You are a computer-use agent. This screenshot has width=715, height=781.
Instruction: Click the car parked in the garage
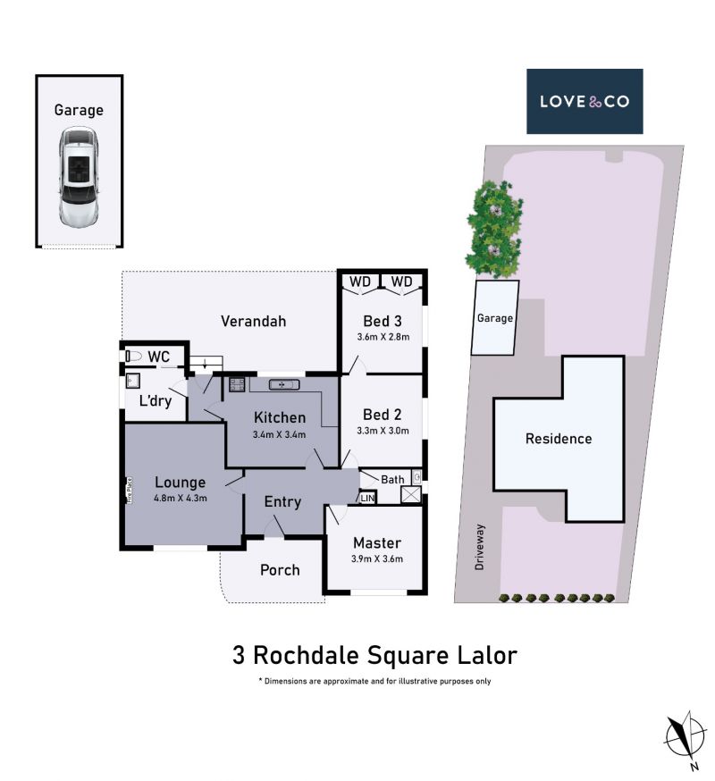coord(79,178)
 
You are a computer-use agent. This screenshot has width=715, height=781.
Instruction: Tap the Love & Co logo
coord(585,102)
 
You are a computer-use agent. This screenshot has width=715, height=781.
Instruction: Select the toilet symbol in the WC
coord(133,357)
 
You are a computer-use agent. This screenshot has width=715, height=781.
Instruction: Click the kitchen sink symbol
coord(284,384)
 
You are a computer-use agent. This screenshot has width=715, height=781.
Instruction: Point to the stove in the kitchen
coord(237,384)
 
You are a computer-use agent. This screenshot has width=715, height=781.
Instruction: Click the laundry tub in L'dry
coord(132,381)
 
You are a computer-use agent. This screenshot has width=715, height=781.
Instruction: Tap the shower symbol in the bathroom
coord(411,494)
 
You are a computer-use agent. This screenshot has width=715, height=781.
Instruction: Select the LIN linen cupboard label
coord(367,498)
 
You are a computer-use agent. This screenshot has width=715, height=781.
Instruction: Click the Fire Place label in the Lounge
coord(130,490)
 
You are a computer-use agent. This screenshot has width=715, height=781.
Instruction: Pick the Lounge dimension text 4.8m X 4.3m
coord(181,498)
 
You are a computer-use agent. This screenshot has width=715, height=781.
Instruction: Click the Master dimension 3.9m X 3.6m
coord(376,558)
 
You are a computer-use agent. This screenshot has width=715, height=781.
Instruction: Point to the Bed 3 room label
coord(383,322)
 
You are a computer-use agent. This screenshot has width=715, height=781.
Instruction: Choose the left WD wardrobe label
coord(360,281)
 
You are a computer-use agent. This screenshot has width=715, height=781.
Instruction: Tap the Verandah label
coord(254,322)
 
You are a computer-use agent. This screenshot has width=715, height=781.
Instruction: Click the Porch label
coord(280,570)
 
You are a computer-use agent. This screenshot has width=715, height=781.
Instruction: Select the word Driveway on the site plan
coord(479,546)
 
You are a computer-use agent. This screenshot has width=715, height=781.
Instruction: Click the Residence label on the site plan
coord(559,439)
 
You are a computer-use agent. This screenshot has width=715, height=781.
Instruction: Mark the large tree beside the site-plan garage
coord(493,230)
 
